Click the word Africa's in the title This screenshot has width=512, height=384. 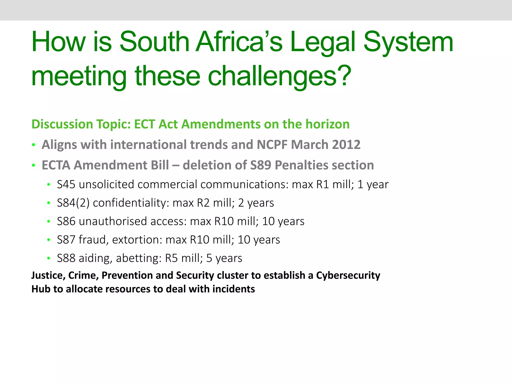coord(239,42)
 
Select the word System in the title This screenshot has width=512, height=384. coord(408,42)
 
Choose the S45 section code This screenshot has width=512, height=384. coord(66,184)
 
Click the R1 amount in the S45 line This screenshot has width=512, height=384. coord(322,184)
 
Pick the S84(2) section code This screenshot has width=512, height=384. coord(73,203)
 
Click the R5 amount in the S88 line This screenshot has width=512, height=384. coord(171,258)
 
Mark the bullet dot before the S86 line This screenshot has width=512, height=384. coord(48,221)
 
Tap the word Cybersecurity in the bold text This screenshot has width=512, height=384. coord(348,275)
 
